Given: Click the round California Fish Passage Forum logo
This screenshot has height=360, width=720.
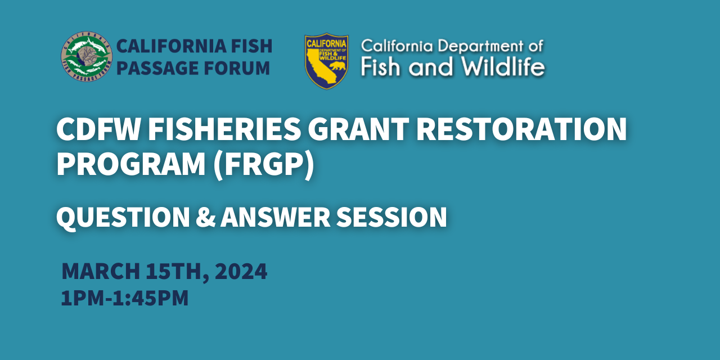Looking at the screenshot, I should (x=87, y=56).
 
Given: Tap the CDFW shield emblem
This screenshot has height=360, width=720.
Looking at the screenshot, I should (x=326, y=61).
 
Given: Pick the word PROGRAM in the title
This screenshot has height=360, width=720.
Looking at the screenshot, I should (x=130, y=165).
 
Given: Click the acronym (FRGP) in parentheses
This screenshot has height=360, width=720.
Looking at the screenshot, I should (x=263, y=165).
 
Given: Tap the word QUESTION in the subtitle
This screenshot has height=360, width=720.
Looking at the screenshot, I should (x=123, y=217).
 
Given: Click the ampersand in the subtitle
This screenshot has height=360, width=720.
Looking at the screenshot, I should (x=205, y=217).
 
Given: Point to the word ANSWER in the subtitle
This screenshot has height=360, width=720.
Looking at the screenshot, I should (x=274, y=217).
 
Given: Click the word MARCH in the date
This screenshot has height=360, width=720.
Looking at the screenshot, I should (x=100, y=272).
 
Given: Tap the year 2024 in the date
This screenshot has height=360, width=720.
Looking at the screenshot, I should (x=241, y=272).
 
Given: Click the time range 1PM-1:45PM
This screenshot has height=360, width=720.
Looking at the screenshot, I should (x=124, y=298).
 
